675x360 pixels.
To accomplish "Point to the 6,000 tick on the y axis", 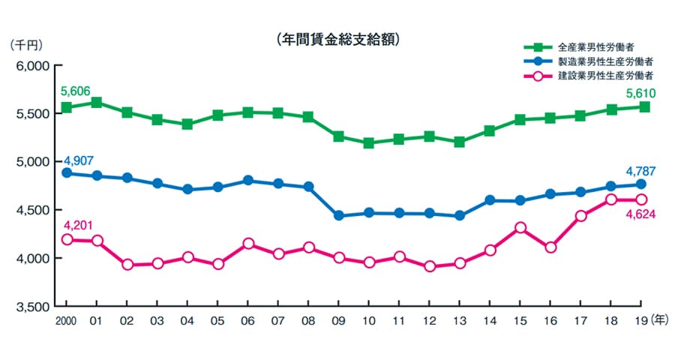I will coord(32,66).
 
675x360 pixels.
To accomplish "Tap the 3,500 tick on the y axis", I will coord(32,307).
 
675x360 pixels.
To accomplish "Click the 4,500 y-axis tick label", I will coord(32,211).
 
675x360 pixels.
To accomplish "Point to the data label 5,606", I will coord(76,91).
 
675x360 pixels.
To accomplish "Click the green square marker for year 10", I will coord(369,142).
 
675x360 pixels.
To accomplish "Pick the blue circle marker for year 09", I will coord(339,216).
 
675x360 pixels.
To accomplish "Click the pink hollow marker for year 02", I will coord(127,264).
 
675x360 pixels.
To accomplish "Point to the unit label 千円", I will coord(26,45).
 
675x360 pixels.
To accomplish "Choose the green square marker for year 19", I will coord(643,107).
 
